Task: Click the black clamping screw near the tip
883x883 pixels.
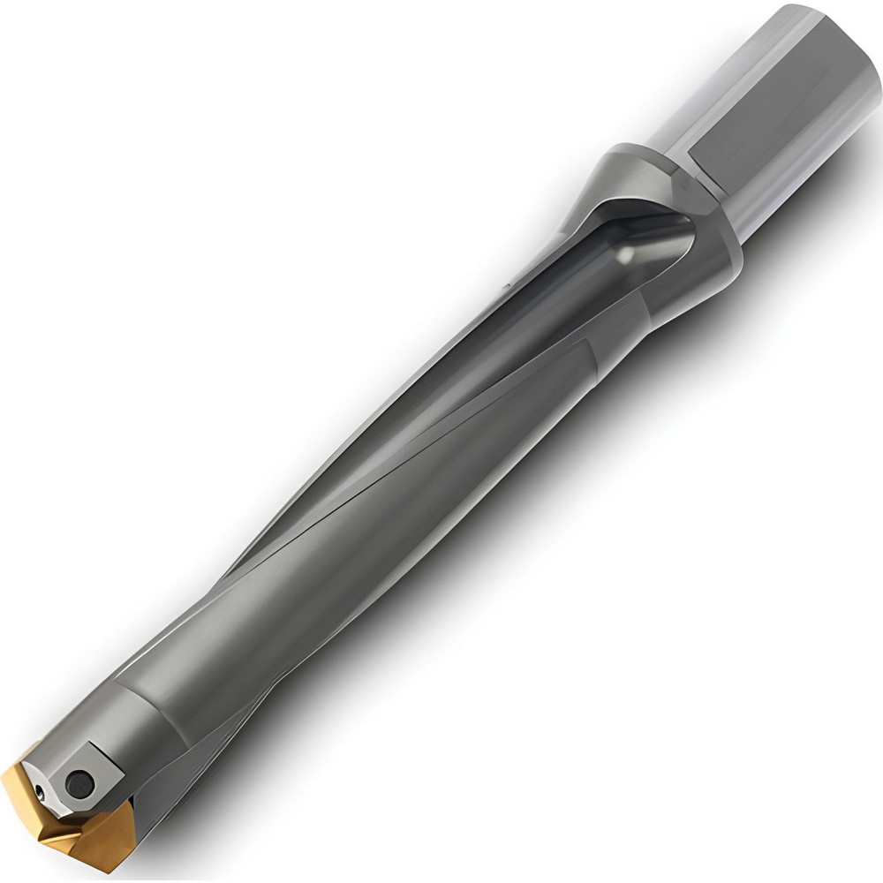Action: [x=80, y=781]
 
